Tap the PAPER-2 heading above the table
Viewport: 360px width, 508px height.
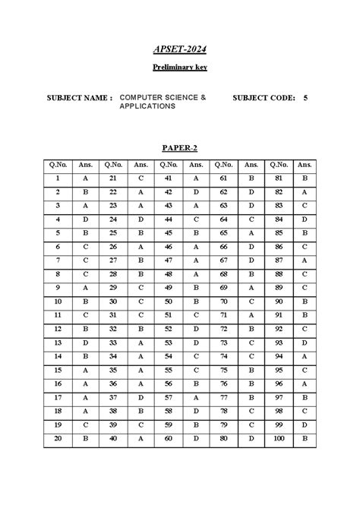click(x=179, y=147)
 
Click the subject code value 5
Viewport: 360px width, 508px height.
click(x=305, y=98)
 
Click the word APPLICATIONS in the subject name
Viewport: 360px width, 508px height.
click(x=147, y=106)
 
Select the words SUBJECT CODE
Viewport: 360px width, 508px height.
click(x=264, y=98)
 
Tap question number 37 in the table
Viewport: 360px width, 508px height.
click(x=113, y=397)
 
